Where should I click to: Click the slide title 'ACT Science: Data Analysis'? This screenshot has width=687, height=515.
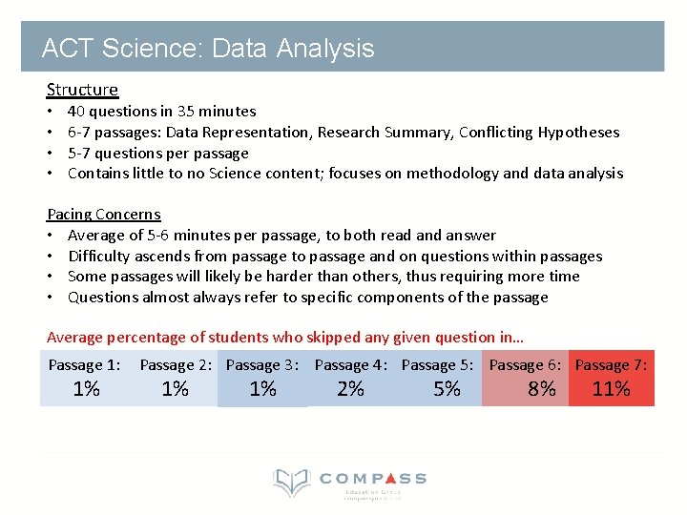coord(208,49)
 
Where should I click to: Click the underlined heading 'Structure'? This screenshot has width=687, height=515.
coord(82,90)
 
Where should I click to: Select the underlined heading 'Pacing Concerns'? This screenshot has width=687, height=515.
coord(104,215)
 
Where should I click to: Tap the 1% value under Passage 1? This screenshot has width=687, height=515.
coord(86,389)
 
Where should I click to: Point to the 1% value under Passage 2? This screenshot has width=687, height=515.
coord(175,389)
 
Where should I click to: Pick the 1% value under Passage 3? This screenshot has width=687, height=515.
coord(262,389)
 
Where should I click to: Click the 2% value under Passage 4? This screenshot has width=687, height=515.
coord(350,389)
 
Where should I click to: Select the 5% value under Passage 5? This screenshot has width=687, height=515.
coord(447,389)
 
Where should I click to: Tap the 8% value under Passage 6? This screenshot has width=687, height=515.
coord(541,389)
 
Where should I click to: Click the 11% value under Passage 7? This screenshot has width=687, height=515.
coord(611,389)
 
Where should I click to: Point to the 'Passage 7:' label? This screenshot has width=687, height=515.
coord(611,365)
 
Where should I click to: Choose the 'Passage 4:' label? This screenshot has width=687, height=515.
coord(350,365)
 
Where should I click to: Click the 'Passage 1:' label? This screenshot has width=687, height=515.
coord(85,365)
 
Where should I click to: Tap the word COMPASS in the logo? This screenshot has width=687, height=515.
coord(373,479)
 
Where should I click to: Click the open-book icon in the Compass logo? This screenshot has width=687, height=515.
coord(291,483)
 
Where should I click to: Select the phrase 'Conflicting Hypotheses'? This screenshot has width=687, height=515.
coord(539,133)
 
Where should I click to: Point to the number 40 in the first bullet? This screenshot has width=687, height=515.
coord(76,112)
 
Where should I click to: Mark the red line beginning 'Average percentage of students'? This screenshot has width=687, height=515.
coord(284,337)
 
